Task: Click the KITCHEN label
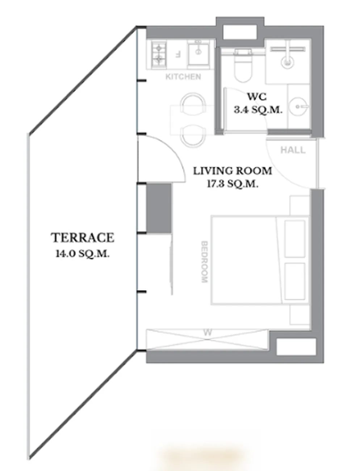point(183,77)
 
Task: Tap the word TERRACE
point(83,238)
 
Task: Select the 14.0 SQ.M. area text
point(83,254)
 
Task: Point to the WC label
point(257,97)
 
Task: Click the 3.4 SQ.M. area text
point(258,110)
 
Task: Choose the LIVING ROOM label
point(233,171)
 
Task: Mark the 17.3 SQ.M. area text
point(233,184)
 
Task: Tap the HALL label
point(293,150)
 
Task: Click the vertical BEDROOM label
point(205,262)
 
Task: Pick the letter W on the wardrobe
point(207,333)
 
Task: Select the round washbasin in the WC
point(298,107)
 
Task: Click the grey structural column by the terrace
point(159,208)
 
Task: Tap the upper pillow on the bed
point(295,239)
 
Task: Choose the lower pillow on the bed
point(295,281)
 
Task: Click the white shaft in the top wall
point(240,32)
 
